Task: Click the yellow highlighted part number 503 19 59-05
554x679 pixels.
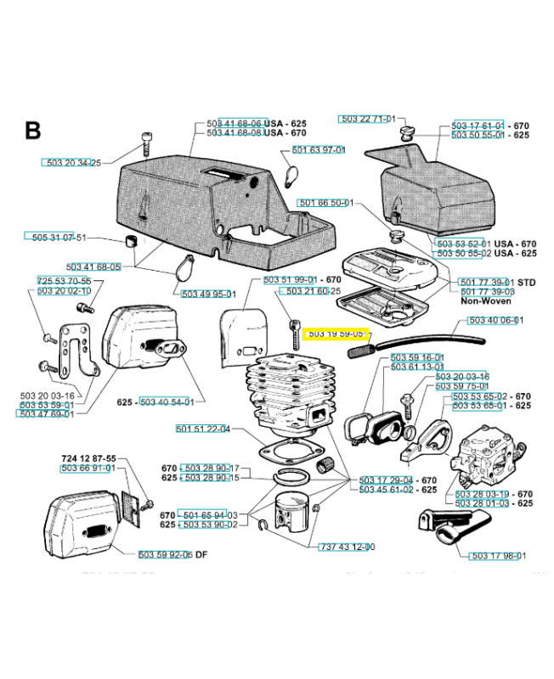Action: pyautogui.click(x=336, y=334)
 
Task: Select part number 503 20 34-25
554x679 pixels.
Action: pyautogui.click(x=71, y=162)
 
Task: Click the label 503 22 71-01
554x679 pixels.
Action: pyautogui.click(x=367, y=120)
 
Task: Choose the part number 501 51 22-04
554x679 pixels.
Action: pyautogui.click(x=202, y=429)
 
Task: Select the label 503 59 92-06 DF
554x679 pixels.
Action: pyautogui.click(x=172, y=555)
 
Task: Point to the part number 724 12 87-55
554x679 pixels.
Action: pyautogui.click(x=88, y=459)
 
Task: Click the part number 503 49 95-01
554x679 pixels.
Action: pyautogui.click(x=208, y=294)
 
